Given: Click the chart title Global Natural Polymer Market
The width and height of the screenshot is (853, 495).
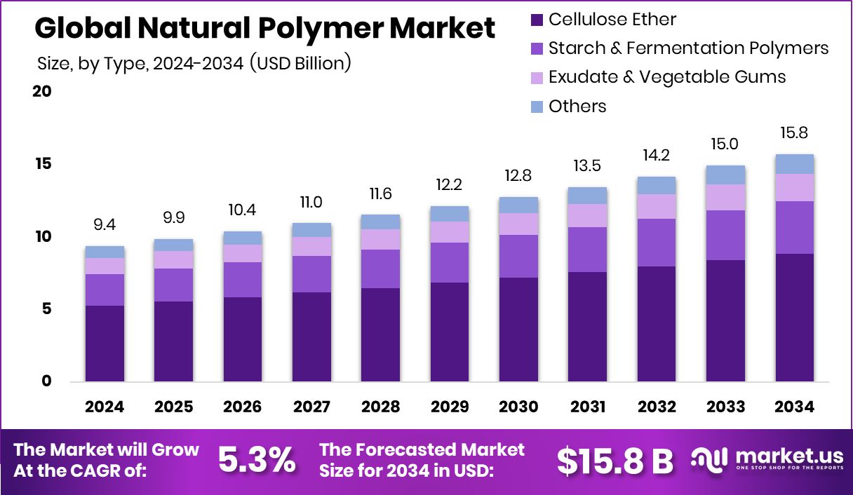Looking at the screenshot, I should coord(264,29).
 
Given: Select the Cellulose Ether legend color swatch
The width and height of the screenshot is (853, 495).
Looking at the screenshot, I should coord(537,20).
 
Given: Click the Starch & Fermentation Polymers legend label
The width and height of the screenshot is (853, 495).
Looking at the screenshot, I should coord(688,48).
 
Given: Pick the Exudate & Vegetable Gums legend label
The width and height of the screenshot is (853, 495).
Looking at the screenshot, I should coord(667,77).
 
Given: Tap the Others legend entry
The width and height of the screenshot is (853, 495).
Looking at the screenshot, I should coord(577,107).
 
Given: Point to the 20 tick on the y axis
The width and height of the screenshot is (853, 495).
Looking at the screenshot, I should coord(41,92).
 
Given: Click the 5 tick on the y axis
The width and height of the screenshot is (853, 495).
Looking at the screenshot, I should coord(46,309).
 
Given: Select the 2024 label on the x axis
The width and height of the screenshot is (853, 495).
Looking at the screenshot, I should coord(105,407).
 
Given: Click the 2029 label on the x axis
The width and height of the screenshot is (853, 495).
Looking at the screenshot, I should coord(450,407).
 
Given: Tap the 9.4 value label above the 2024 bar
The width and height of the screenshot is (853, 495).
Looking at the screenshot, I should coord(105,226).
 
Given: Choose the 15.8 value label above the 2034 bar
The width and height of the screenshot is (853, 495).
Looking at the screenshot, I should coord(795,133).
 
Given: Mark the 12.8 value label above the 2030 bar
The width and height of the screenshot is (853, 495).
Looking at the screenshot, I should coord(518,176).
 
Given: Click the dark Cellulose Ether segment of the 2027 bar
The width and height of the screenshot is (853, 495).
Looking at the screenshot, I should coord(311,337).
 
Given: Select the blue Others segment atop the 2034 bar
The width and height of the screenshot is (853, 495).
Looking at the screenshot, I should coord(795,164).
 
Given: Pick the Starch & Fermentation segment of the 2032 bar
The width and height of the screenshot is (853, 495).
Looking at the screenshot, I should coord(657,243).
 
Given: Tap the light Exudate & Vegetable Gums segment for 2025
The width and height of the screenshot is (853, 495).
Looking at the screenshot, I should coord(173,259).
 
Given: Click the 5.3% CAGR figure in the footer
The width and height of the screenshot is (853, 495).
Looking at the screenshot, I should coord(256,460).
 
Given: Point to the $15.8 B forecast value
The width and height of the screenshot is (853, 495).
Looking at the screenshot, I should coord(614,461).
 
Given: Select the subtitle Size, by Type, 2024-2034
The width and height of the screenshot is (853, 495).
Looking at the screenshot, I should coord(193,63).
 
